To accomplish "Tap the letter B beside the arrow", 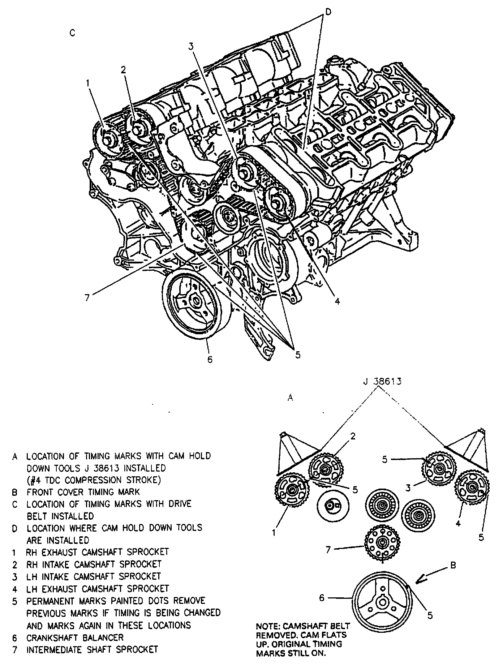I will point(453,566).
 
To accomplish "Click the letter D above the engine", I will point(327,12).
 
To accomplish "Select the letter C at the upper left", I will point(72,33).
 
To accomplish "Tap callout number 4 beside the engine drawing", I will point(337,301).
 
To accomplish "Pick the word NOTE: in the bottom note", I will point(268,626).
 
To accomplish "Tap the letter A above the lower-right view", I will point(290,398).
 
